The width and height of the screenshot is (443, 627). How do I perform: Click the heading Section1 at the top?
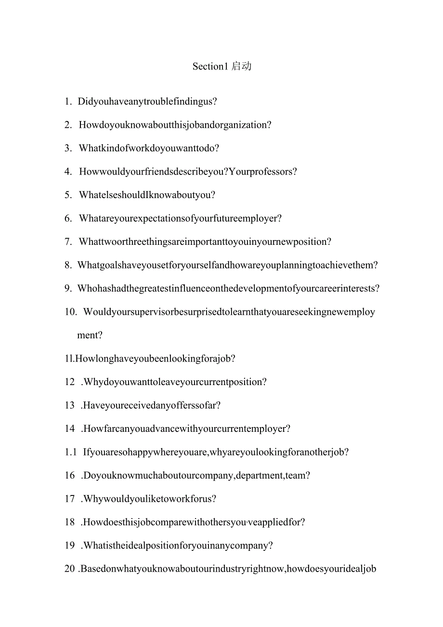point(209,67)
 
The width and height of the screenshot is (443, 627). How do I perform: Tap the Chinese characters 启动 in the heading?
point(241,67)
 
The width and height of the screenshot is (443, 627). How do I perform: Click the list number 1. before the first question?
point(68,102)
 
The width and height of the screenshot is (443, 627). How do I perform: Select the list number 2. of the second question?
point(68,125)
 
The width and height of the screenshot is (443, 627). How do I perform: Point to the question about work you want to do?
point(149,148)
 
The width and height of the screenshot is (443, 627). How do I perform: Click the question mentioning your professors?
point(188,172)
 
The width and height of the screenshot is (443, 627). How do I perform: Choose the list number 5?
point(68,195)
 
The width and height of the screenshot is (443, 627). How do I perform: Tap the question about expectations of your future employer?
point(180,218)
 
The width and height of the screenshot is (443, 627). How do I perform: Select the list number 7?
point(68,242)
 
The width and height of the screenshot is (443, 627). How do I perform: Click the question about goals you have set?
point(227,265)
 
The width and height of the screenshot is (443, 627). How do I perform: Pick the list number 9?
point(68,289)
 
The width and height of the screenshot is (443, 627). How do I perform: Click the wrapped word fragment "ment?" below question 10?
point(90,335)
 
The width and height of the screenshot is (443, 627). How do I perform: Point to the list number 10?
point(71,312)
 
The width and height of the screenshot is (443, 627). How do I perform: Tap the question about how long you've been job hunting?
point(156,359)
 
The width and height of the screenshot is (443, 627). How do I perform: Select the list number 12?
point(70,382)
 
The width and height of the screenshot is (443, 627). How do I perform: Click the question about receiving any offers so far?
point(152,405)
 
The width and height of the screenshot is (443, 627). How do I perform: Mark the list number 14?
point(70,429)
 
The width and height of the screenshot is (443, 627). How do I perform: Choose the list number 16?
point(70,476)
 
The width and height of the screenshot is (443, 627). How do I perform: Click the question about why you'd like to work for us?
point(149,499)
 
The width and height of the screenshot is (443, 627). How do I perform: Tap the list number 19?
point(70,546)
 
